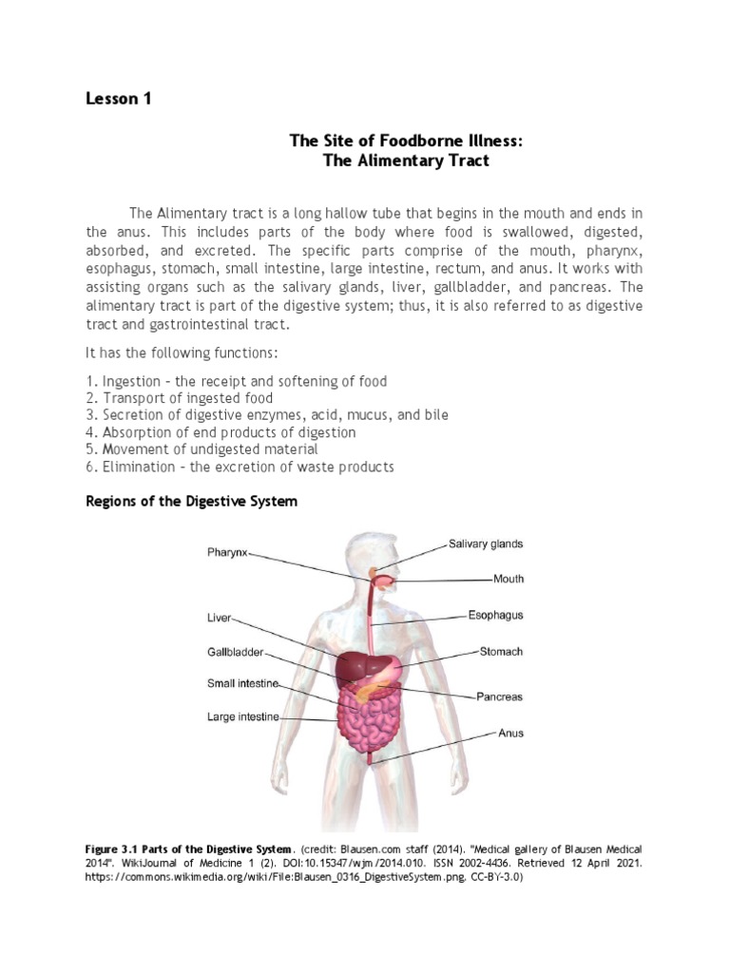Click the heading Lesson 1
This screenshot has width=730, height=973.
(119, 99)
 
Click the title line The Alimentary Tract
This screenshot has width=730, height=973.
(406, 161)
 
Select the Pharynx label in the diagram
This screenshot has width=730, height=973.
(227, 551)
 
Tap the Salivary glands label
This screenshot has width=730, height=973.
(486, 544)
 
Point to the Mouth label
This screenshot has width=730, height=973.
(509, 578)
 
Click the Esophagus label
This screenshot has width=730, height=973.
(495, 615)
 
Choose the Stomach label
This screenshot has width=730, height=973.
(501, 652)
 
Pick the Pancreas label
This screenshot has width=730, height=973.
(499, 696)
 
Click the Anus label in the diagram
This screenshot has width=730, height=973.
(510, 733)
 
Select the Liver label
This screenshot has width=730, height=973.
(219, 617)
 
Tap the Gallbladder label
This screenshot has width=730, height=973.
(235, 653)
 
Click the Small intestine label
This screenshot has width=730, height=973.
(242, 682)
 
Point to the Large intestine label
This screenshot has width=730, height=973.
(243, 717)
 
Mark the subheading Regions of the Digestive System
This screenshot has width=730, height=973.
(191, 501)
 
